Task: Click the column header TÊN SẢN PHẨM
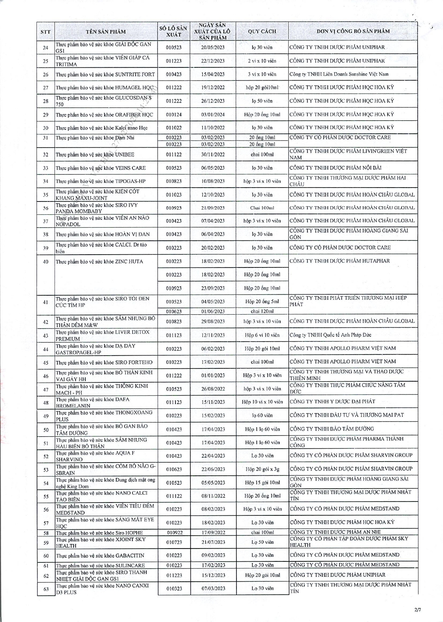coord(106,31)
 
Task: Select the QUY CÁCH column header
coord(262,31)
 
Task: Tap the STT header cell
coord(46,32)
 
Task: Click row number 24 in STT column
coord(46,47)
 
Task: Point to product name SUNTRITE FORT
coord(105,75)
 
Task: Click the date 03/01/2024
coord(213,114)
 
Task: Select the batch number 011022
coord(174,128)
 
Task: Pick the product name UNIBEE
coord(95,155)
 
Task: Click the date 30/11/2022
coord(213,155)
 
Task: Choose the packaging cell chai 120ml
coord(262,311)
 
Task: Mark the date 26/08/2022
coord(213,389)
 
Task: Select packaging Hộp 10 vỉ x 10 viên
coord(262,402)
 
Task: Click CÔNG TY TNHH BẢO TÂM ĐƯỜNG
coord(332,429)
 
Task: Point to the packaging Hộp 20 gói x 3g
coord(262,469)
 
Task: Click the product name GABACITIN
coord(100,556)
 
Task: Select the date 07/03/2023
coord(213,588)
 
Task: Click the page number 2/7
coord(418,610)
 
